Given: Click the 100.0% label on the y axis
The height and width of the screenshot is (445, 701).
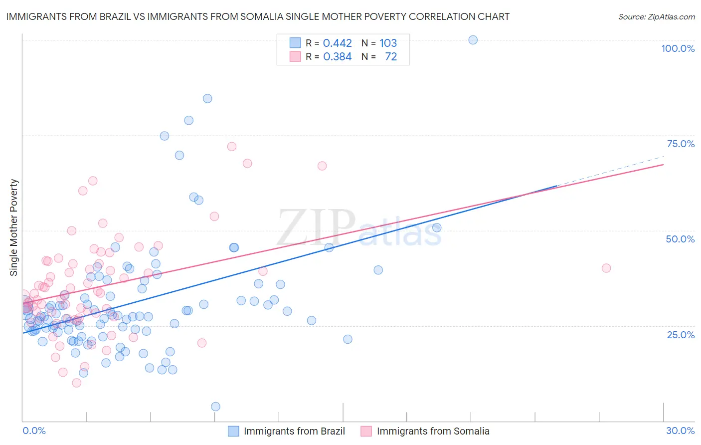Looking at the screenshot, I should pyautogui.click(x=678, y=48).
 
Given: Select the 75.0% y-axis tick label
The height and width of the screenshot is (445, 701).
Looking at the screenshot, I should pyautogui.click(x=681, y=144).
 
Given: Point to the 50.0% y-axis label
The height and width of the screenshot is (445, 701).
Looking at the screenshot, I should pyautogui.click(x=680, y=239).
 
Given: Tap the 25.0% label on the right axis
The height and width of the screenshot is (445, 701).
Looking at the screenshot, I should pyautogui.click(x=681, y=335).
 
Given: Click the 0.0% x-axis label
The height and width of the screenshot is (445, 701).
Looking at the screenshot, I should pyautogui.click(x=34, y=431).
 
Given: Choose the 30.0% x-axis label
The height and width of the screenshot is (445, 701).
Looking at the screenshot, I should pyautogui.click(x=680, y=431).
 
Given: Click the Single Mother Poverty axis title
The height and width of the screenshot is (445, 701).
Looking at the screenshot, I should pyautogui.click(x=14, y=227).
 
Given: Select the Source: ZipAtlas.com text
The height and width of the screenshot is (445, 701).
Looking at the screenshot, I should pyautogui.click(x=656, y=16).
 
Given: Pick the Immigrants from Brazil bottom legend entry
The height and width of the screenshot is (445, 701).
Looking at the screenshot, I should pyautogui.click(x=294, y=431).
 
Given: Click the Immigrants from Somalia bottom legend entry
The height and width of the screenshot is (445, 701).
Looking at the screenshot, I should pyautogui.click(x=433, y=431).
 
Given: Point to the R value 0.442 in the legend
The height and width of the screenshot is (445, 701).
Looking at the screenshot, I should pyautogui.click(x=338, y=43).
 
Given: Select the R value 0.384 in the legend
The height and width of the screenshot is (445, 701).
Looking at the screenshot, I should pyautogui.click(x=338, y=57).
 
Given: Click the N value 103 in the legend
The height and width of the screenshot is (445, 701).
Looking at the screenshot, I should pyautogui.click(x=388, y=43).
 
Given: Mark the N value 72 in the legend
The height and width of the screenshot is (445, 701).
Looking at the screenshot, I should pyautogui.click(x=391, y=57).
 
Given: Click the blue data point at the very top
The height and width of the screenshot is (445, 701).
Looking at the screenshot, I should pyautogui.click(x=473, y=40).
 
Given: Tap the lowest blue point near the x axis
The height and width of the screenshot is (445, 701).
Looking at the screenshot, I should pyautogui.click(x=215, y=407).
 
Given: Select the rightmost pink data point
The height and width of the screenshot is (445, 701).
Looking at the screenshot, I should pyautogui.click(x=606, y=268).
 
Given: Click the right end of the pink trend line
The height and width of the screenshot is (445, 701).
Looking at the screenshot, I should pyautogui.click(x=663, y=164).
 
